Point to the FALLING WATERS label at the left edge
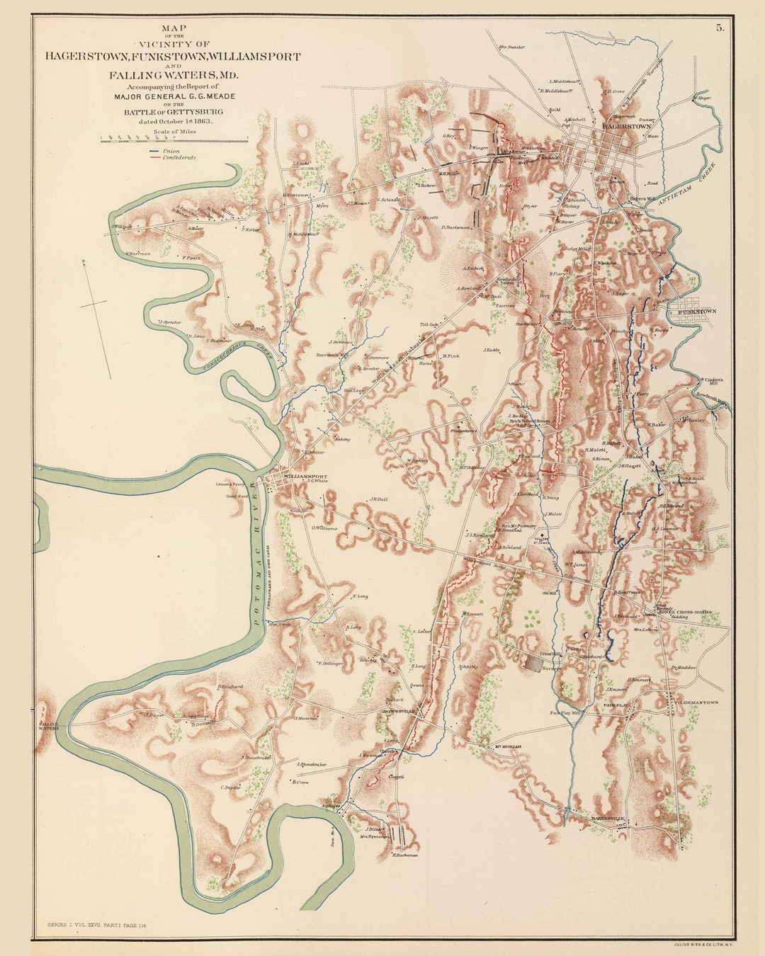pos(48,726)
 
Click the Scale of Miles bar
pos(174,140)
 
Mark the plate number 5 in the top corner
pos(720,28)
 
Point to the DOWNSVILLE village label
pos(397,710)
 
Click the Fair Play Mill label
pos(565,713)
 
